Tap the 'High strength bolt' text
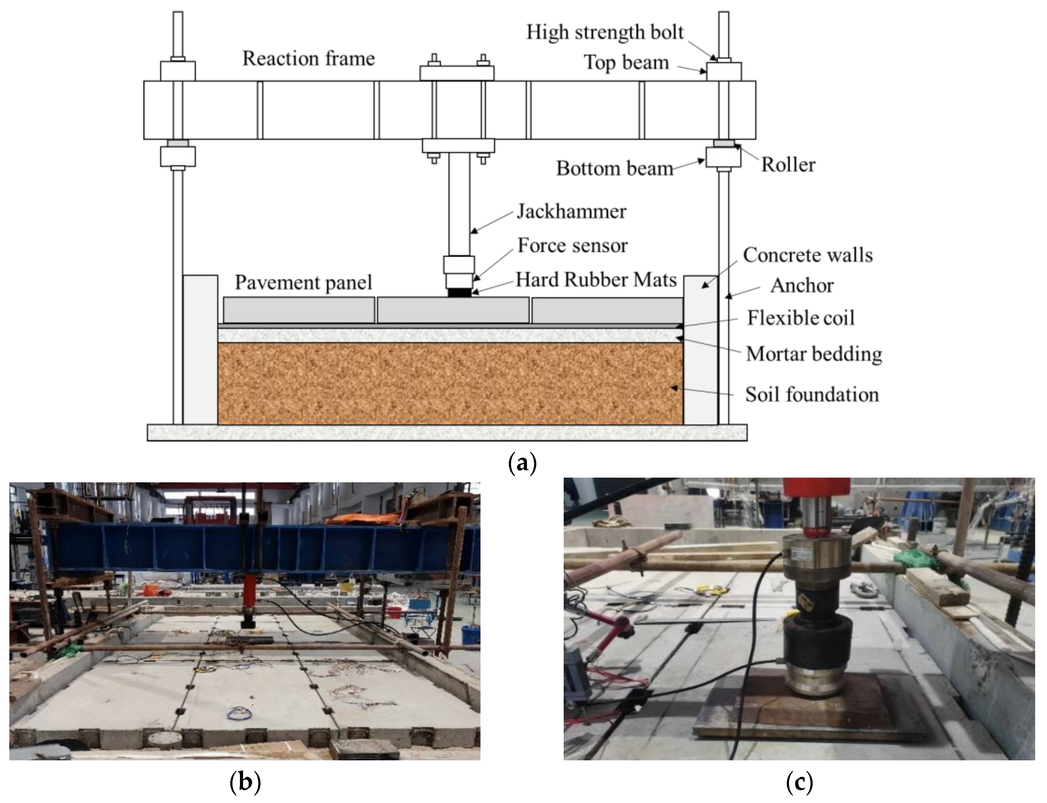(x=605, y=32)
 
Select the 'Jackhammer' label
(x=571, y=211)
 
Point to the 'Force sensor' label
(x=572, y=246)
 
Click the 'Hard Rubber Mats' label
(x=596, y=280)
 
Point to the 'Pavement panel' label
(x=303, y=282)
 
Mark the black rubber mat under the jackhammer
(x=459, y=292)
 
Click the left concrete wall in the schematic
(x=200, y=349)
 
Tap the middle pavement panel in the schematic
(x=453, y=310)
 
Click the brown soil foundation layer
(x=450, y=382)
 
